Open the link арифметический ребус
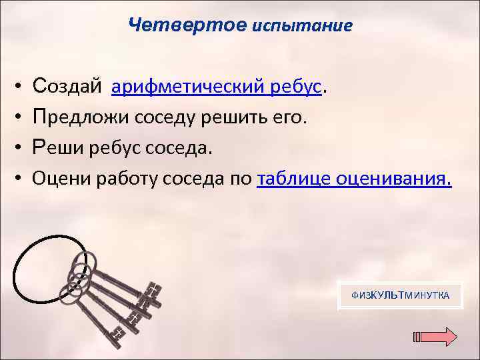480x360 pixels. [217, 87]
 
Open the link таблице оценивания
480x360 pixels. [353, 178]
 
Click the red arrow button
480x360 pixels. [436, 337]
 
